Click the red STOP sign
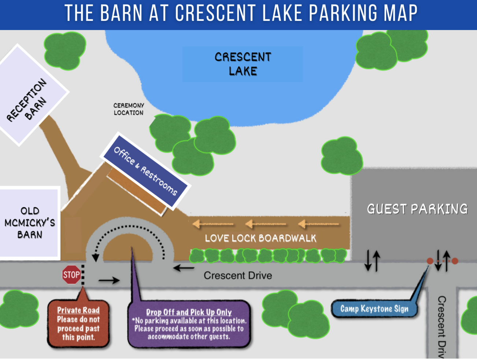pyautogui.click(x=71, y=275)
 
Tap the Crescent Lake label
pyautogui.click(x=243, y=64)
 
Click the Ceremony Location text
pyautogui.click(x=129, y=109)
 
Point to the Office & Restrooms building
pyautogui.click(x=145, y=171)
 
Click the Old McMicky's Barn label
pyautogui.click(x=30, y=223)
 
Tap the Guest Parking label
pyautogui.click(x=417, y=209)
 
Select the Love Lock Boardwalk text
pyautogui.click(x=260, y=238)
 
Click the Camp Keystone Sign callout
pyautogui.click(x=374, y=309)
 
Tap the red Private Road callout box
pyautogui.click(x=78, y=323)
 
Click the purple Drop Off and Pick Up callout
pyautogui.click(x=189, y=324)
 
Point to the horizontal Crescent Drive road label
pyautogui.click(x=238, y=275)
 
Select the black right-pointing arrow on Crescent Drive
pyautogui.click(x=109, y=280)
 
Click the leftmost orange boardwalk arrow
pyautogui.click(x=213, y=224)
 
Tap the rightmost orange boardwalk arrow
pyautogui.click(x=318, y=224)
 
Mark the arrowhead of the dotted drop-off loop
pyautogui.click(x=96, y=258)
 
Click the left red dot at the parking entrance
pyautogui.click(x=430, y=261)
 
